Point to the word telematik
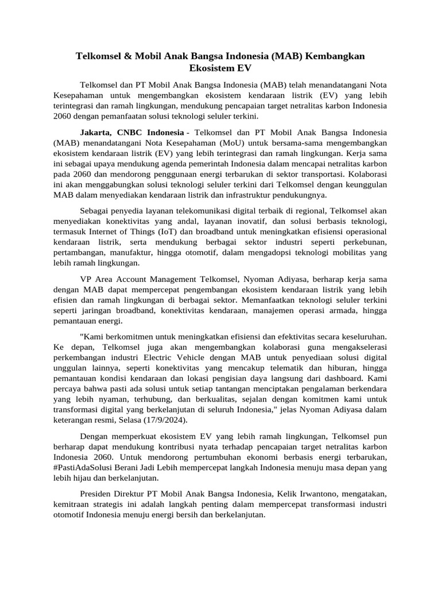pos(292,368)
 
